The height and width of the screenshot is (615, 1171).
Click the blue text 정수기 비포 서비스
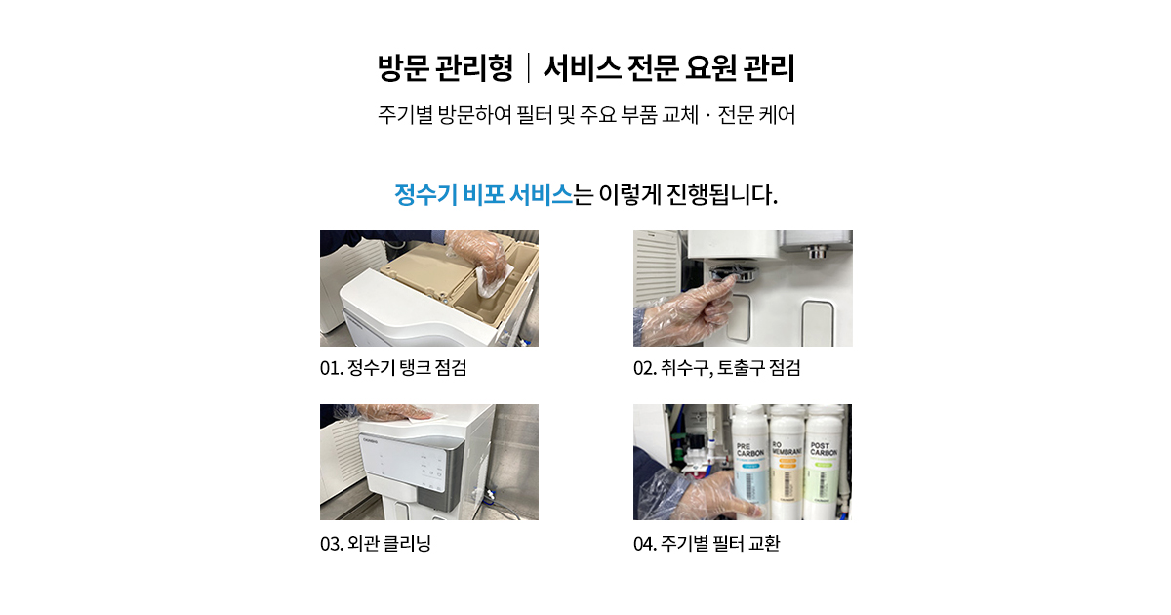[484, 194]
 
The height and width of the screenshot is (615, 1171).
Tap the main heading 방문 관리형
[445, 68]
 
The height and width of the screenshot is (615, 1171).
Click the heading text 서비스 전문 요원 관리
[669, 68]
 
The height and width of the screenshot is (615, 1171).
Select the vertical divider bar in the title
[529, 68]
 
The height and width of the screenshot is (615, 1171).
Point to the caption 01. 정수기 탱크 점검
[393, 368]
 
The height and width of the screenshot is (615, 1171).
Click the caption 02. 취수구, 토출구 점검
[716, 368]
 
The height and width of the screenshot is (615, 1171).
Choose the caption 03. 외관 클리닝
[376, 544]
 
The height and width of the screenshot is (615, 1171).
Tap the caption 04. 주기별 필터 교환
[707, 544]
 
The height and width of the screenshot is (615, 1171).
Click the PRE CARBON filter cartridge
[750, 461]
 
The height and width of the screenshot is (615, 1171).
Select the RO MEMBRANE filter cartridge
[787, 461]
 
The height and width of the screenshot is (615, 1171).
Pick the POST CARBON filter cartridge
[824, 461]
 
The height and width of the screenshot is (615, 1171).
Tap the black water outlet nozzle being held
[733, 273]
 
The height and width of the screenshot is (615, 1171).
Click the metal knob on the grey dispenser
[818, 253]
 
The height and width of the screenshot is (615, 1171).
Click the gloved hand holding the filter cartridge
[716, 494]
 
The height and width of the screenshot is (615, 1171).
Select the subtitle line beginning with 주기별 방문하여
[586, 114]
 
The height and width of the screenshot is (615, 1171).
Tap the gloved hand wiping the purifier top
[397, 413]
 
